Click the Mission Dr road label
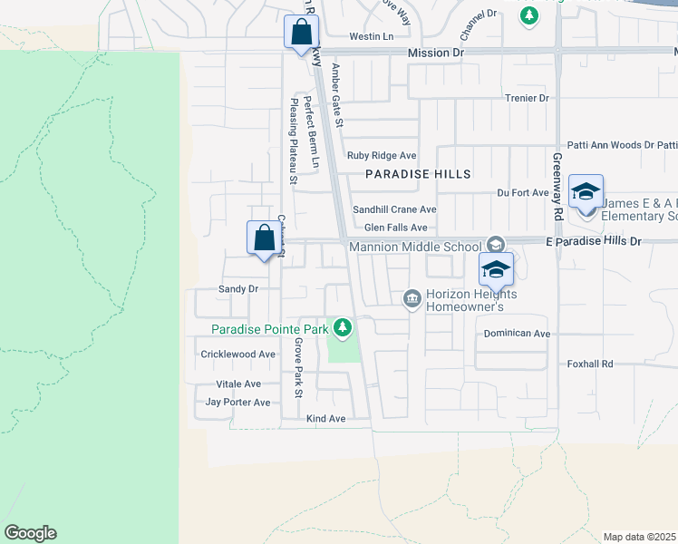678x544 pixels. (x=435, y=53)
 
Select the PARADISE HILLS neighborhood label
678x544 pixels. (x=418, y=173)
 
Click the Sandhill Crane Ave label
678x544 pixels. (x=394, y=209)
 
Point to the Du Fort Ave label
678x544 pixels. (x=523, y=192)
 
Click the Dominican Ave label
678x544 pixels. (x=517, y=334)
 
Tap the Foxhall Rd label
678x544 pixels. (x=590, y=364)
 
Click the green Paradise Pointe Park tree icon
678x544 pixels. (x=343, y=327)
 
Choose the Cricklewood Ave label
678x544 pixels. (x=237, y=355)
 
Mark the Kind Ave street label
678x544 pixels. (x=326, y=419)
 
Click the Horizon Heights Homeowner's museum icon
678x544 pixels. (x=412, y=297)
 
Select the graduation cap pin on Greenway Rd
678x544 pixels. (x=586, y=190)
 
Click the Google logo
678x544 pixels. (x=30, y=533)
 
